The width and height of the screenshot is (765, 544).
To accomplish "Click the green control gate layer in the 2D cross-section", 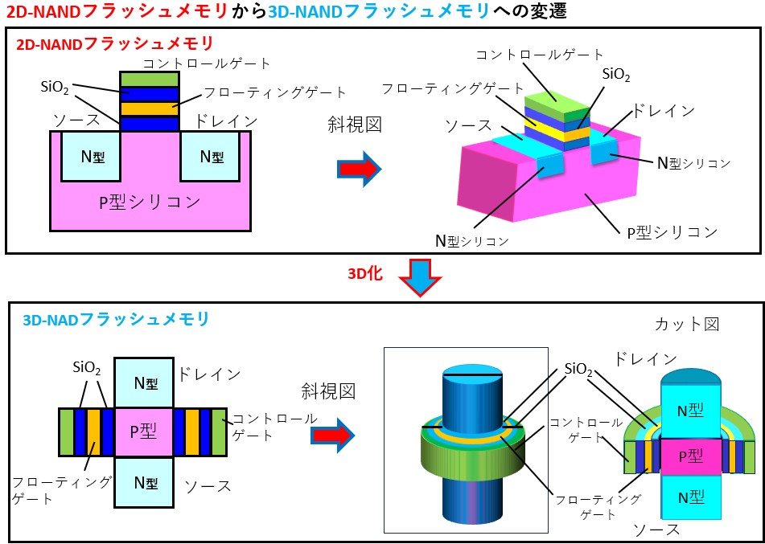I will tap(149, 80).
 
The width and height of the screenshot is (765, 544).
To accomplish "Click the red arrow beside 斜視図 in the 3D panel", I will tap(332, 433).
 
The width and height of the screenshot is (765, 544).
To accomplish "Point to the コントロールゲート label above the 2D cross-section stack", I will tap(207, 63).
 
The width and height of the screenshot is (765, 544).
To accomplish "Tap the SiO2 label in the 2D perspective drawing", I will tap(615, 75).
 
